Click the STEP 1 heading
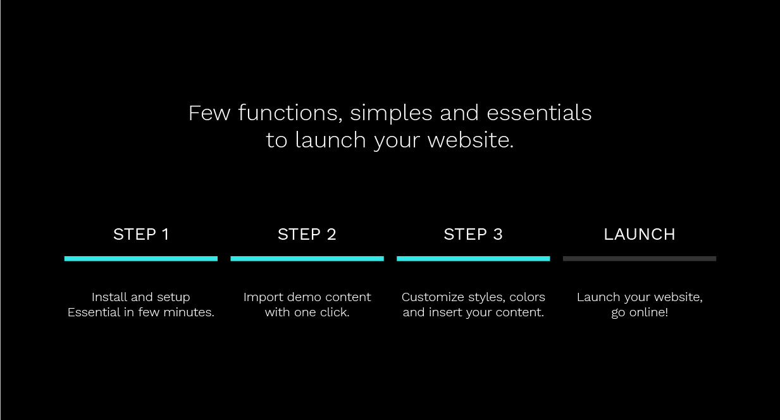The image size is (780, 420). tap(141, 235)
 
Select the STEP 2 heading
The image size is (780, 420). tap(307, 235)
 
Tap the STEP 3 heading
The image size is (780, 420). tap(473, 235)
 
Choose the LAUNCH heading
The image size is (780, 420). tap(640, 235)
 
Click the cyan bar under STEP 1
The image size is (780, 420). tap(141, 259)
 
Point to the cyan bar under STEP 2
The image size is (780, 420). tap(307, 259)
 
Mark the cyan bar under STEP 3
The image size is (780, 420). tap(473, 259)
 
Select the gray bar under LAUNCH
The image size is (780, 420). tap(640, 259)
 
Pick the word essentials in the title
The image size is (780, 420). tap(539, 113)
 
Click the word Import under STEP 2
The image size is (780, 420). tap(263, 297)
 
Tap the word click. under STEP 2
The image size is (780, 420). tap(335, 312)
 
